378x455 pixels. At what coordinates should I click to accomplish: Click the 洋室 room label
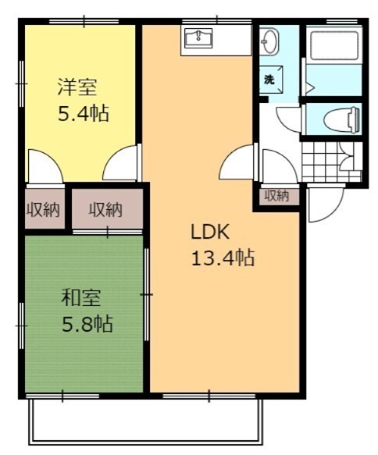tap(77, 87)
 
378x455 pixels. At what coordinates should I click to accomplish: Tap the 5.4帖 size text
tap(84, 113)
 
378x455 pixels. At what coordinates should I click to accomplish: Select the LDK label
tap(210, 232)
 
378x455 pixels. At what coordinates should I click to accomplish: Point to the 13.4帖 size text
tap(223, 258)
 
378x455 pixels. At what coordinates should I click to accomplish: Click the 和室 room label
tap(81, 298)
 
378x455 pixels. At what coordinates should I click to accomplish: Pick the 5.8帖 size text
tap(87, 324)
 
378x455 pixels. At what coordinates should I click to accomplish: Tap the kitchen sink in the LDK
tap(198, 38)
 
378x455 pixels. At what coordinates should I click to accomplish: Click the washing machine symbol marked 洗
tap(270, 80)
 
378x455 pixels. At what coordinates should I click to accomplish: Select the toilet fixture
tap(341, 119)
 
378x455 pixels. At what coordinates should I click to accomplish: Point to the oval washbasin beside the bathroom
tap(269, 41)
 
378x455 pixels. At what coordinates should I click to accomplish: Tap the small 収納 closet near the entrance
tap(276, 196)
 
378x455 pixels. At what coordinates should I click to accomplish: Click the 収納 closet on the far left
tap(45, 208)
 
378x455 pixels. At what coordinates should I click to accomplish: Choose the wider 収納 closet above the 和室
tap(107, 208)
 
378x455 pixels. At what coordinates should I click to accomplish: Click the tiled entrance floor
tap(332, 162)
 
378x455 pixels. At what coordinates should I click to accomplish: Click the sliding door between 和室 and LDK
tap(147, 294)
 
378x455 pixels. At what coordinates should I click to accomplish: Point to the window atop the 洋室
tap(84, 21)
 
